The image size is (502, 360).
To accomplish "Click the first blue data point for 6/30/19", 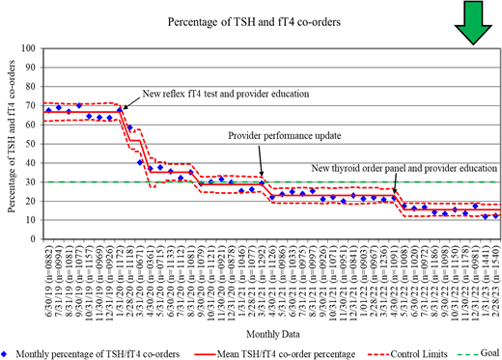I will point(48,110).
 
